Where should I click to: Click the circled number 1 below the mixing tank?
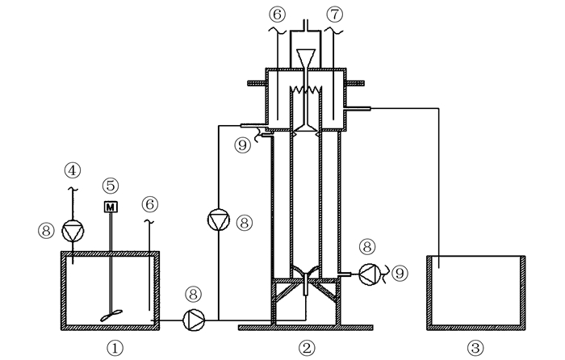[x=115, y=346]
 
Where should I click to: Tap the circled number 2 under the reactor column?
[x=306, y=347]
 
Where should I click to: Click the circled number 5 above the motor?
[x=111, y=185]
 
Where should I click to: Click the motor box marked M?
[x=111, y=207]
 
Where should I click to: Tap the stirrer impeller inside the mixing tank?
[x=111, y=316]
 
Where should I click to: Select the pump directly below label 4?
[x=73, y=231]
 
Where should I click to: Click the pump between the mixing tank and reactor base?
[x=194, y=320]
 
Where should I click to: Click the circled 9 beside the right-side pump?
[x=401, y=274]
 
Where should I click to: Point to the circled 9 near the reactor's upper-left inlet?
[x=242, y=145]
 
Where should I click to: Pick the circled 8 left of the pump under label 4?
[x=45, y=231]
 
